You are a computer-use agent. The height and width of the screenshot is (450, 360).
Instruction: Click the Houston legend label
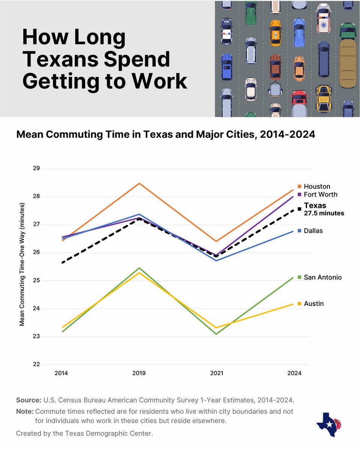317,186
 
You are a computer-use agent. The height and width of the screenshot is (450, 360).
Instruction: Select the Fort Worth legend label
320,194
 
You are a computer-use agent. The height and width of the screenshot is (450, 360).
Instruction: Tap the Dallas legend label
313,231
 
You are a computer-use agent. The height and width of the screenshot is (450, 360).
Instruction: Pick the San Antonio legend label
322,277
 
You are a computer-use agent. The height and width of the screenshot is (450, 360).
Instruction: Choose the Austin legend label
313,303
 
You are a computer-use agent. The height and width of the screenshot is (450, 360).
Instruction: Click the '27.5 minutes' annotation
324,213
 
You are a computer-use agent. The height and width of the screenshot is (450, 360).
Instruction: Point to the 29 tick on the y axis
36,168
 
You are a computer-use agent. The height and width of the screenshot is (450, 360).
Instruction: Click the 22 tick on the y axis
36,364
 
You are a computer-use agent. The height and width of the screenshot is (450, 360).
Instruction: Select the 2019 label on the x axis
139,373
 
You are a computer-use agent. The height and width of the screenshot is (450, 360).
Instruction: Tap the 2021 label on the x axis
217,373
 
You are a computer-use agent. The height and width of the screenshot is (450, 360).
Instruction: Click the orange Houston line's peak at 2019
139,183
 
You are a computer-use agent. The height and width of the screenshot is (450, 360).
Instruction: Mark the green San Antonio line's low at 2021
217,334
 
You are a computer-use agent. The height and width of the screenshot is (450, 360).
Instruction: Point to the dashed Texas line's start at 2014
62,262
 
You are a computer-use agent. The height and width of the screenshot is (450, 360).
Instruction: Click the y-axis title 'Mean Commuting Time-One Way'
22,264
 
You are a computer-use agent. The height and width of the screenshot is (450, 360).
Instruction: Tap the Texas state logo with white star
328,424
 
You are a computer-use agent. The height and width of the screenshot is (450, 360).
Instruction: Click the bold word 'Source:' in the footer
28,400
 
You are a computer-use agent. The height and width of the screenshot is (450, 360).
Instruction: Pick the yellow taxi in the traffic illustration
276,33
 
